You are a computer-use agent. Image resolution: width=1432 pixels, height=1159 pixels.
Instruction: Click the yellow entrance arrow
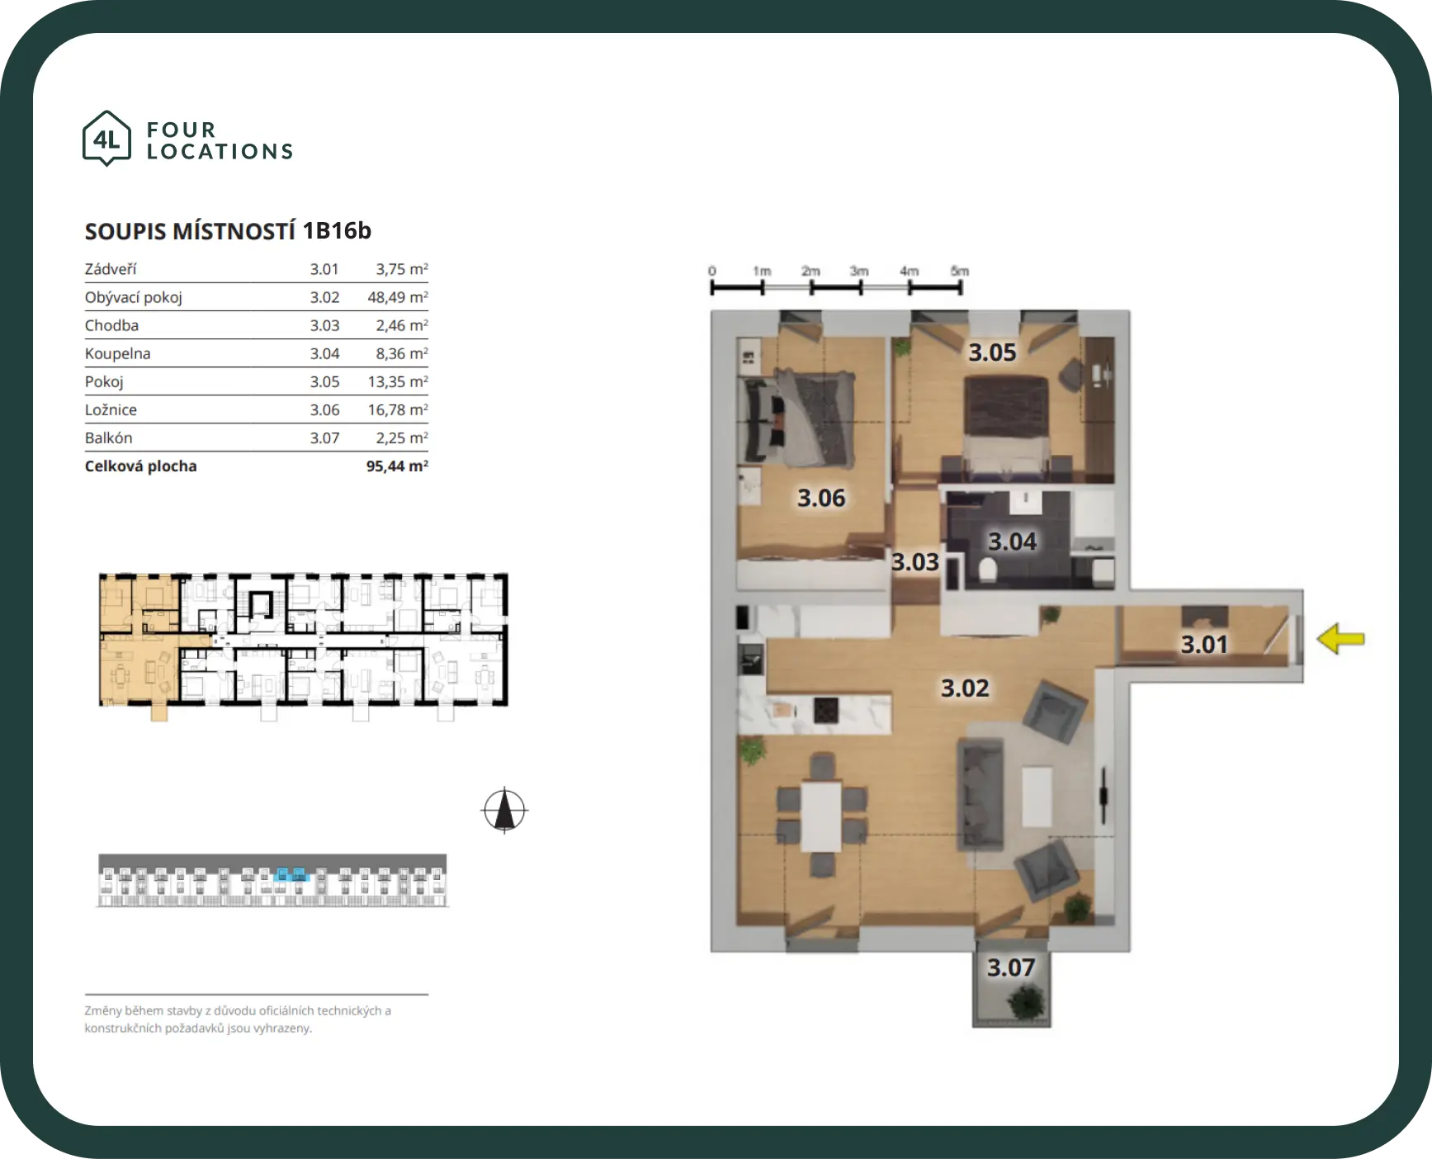pyautogui.click(x=1340, y=639)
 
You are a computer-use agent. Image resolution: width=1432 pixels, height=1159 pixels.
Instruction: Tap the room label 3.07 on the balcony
pyautogui.click(x=1011, y=967)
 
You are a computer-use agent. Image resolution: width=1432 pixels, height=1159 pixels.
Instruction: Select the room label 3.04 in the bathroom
pyautogui.click(x=1012, y=542)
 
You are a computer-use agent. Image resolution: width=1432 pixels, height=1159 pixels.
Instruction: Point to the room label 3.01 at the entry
pyautogui.click(x=1204, y=644)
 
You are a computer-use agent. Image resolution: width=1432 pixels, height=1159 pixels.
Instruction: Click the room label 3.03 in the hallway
pyautogui.click(x=915, y=562)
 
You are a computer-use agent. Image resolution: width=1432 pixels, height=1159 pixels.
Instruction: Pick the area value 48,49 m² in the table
pyautogui.click(x=398, y=297)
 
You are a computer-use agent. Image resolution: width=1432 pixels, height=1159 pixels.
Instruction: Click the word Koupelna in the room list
pyautogui.click(x=117, y=354)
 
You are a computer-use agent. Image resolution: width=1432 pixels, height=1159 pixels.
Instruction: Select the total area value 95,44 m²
pyautogui.click(x=397, y=466)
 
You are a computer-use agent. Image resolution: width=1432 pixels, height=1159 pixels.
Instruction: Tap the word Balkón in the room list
pyautogui.click(x=108, y=438)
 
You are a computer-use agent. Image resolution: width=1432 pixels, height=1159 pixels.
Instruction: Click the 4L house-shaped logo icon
pyautogui.click(x=106, y=139)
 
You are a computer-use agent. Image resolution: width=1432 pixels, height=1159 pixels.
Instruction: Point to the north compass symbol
pyautogui.click(x=504, y=811)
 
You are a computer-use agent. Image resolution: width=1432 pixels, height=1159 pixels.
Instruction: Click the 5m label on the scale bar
pyautogui.click(x=959, y=271)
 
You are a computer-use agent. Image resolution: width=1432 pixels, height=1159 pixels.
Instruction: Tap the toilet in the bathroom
pyautogui.click(x=987, y=569)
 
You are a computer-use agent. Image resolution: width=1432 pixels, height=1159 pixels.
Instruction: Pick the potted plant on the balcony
pyautogui.click(x=1026, y=1002)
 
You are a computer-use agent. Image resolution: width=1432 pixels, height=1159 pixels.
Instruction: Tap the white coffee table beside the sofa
pyautogui.click(x=1037, y=797)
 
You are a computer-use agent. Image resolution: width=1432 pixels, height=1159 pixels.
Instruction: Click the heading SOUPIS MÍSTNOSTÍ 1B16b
pyautogui.click(x=228, y=231)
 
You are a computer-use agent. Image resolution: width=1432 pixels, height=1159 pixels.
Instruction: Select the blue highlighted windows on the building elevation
pyautogui.click(x=290, y=874)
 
